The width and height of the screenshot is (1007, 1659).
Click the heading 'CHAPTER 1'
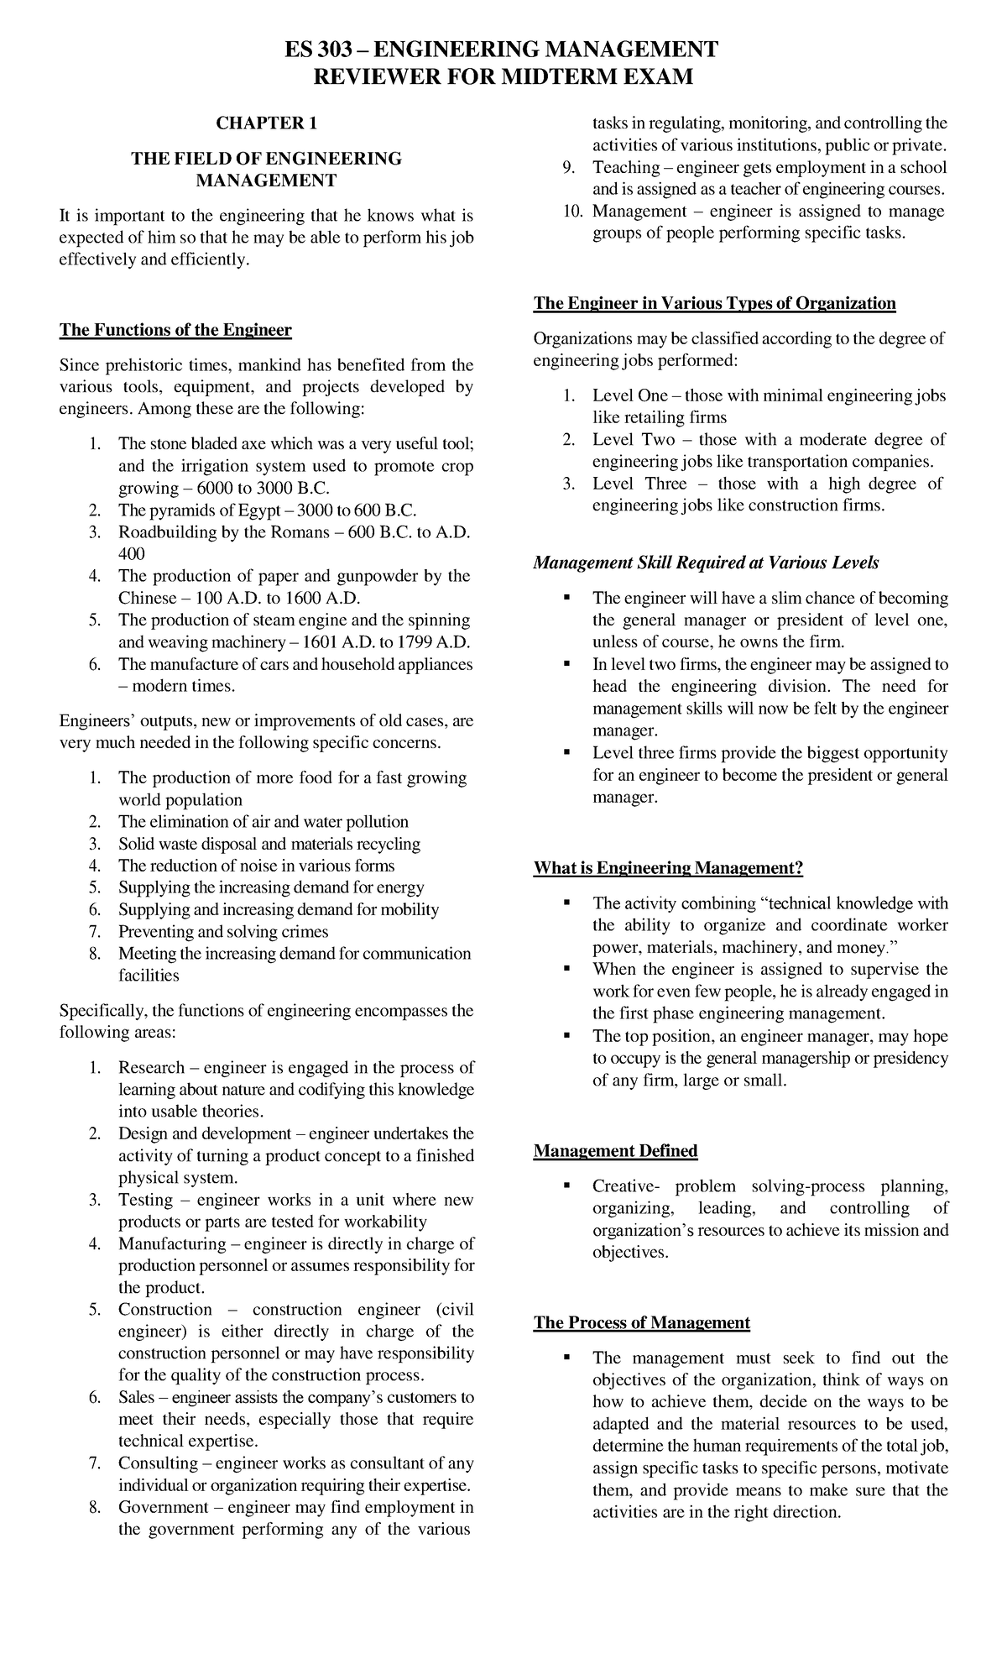[x=266, y=123]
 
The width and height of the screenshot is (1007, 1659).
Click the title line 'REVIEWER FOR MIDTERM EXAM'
[x=503, y=77]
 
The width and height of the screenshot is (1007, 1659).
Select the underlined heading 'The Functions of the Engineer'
[x=175, y=330]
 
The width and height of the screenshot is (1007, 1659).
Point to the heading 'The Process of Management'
[x=641, y=1323]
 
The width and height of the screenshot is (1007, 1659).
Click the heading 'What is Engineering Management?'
[x=668, y=868]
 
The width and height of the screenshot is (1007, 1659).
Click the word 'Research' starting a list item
[x=151, y=1068]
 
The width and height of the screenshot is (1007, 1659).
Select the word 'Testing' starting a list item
[x=145, y=1200]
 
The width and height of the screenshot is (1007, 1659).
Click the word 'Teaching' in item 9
[x=626, y=167]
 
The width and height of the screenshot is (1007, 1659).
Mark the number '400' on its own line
[x=132, y=554]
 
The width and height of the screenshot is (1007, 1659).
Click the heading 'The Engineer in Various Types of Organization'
[x=714, y=303]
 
